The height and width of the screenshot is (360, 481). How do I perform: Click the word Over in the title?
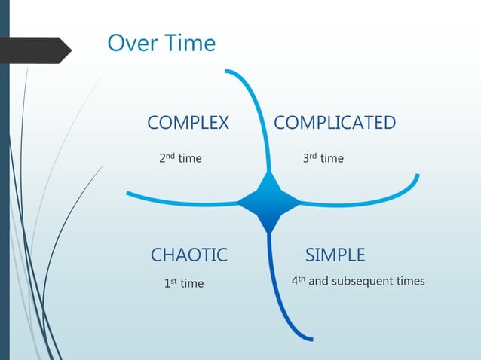pos(132,43)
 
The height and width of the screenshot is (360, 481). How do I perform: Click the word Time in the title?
pos(188,43)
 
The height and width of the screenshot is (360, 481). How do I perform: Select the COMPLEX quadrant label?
pos(188,123)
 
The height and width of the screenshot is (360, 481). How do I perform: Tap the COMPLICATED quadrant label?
pos(334,123)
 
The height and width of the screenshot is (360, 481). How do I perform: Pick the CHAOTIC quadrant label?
pos(188,255)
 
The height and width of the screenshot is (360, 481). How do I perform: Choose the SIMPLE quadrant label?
pos(335,255)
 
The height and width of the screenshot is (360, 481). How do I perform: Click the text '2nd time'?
pos(179,158)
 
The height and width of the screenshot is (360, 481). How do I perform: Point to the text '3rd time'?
pos(323,158)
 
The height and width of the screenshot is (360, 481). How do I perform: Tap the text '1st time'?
pos(183,283)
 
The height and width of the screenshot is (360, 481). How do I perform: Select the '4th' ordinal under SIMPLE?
pos(298,281)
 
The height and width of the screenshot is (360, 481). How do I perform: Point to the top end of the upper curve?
pos(227,72)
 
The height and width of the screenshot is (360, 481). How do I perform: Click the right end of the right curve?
pos(417,177)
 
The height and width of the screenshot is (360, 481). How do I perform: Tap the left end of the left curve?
pos(128,194)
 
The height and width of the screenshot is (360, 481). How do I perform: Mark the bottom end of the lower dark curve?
pos(309,338)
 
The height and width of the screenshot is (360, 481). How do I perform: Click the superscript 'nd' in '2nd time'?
pos(170,156)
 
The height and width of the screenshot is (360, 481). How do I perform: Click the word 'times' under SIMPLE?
pos(410,282)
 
